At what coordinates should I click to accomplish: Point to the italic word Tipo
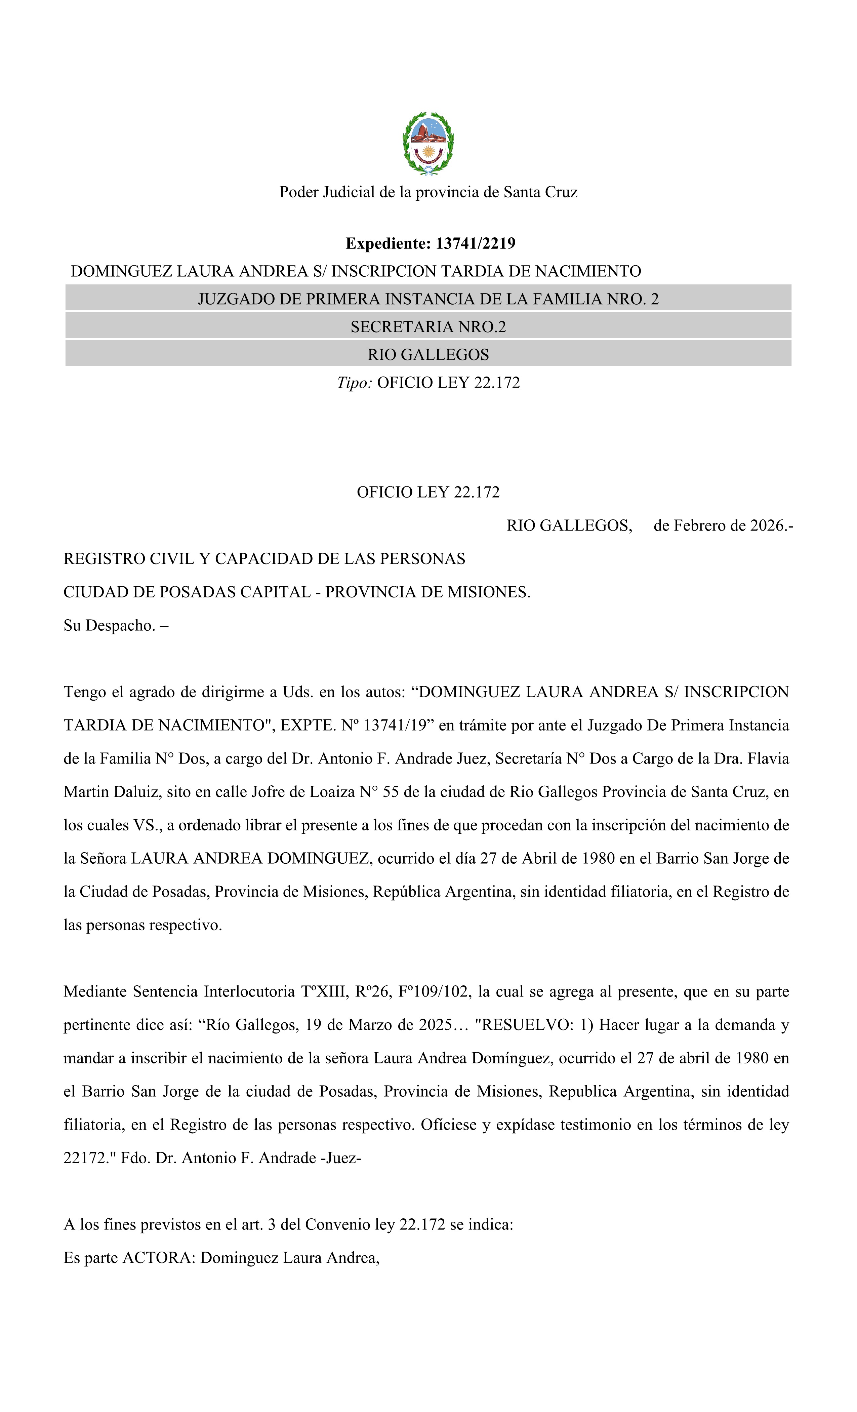(x=354, y=383)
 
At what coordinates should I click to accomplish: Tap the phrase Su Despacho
(x=109, y=625)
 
